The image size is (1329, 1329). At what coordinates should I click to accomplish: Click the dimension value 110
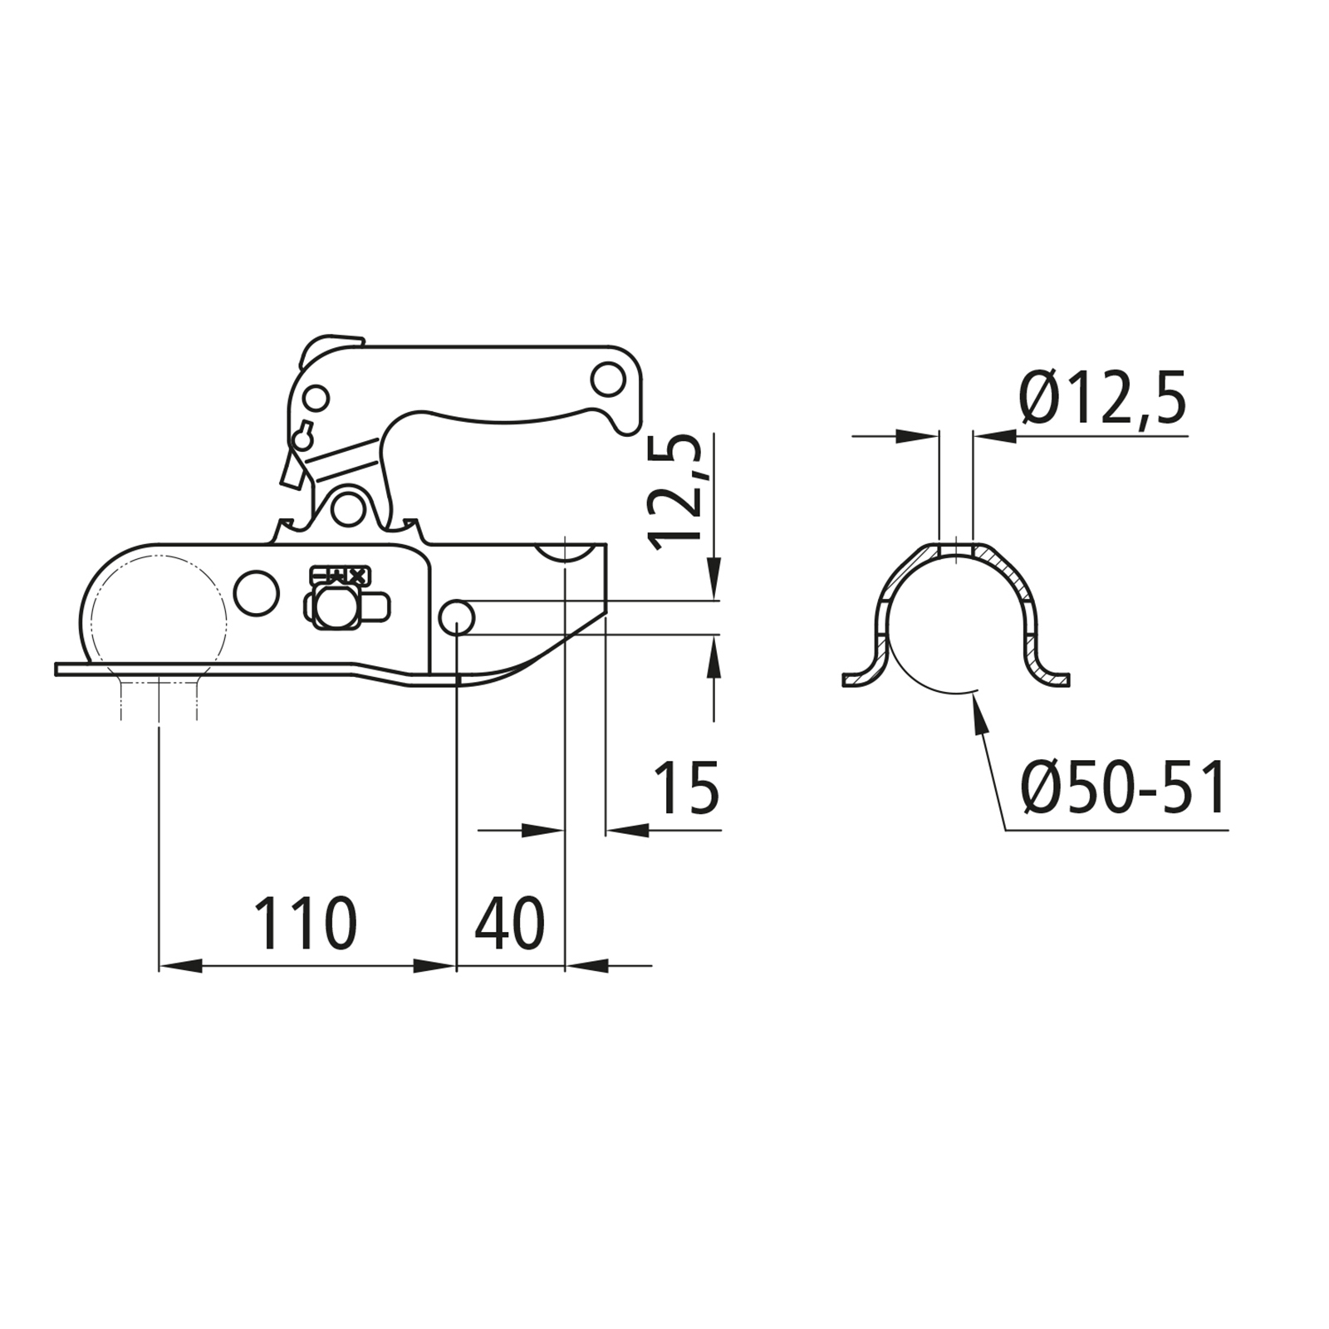tap(305, 923)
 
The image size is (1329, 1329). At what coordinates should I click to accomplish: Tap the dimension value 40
tap(509, 923)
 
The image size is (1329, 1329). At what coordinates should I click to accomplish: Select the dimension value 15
tap(686, 788)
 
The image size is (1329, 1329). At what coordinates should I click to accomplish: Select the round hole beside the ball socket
tap(257, 593)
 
